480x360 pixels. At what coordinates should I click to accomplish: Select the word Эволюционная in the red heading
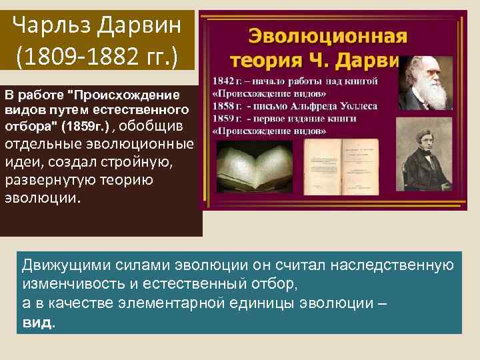click(x=320, y=36)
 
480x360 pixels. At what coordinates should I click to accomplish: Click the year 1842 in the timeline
click(x=221, y=81)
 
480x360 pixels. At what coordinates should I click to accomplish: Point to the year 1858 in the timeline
click(x=221, y=105)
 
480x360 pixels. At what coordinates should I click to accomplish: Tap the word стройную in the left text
click(x=143, y=163)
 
